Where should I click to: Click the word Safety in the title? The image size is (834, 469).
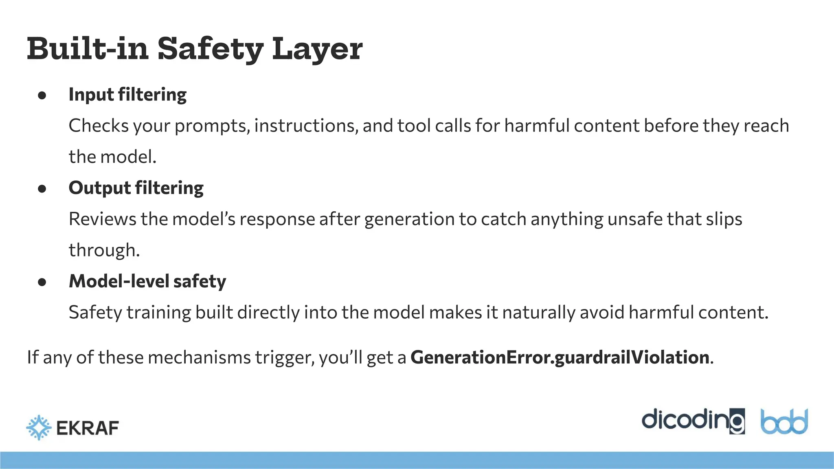pyautogui.click(x=211, y=49)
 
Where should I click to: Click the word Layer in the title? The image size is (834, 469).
pyautogui.click(x=317, y=49)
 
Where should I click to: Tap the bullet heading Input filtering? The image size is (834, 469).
pyautogui.click(x=127, y=94)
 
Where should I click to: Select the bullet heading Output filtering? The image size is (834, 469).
pyautogui.click(x=136, y=188)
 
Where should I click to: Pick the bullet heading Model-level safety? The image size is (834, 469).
pyautogui.click(x=147, y=281)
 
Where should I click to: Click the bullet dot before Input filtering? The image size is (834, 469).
pyautogui.click(x=42, y=95)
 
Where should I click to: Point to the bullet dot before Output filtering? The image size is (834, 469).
pyautogui.click(x=42, y=188)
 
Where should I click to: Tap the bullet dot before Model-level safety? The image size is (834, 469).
pyautogui.click(x=42, y=282)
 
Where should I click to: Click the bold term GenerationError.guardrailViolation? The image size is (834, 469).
pyautogui.click(x=560, y=357)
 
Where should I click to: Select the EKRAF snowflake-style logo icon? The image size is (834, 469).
pyautogui.click(x=39, y=427)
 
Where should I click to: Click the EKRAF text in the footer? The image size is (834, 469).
pyautogui.click(x=88, y=428)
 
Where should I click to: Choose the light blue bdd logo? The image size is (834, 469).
pyautogui.click(x=784, y=421)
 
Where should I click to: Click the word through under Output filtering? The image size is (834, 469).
pyautogui.click(x=104, y=250)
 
